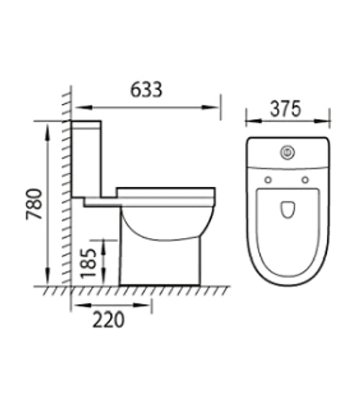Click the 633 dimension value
click(x=147, y=89)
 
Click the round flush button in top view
click(x=287, y=152)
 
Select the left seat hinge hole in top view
click(x=268, y=179)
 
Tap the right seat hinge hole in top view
click(x=305, y=179)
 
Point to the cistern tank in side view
click(x=87, y=159)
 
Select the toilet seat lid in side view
click(x=166, y=192)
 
